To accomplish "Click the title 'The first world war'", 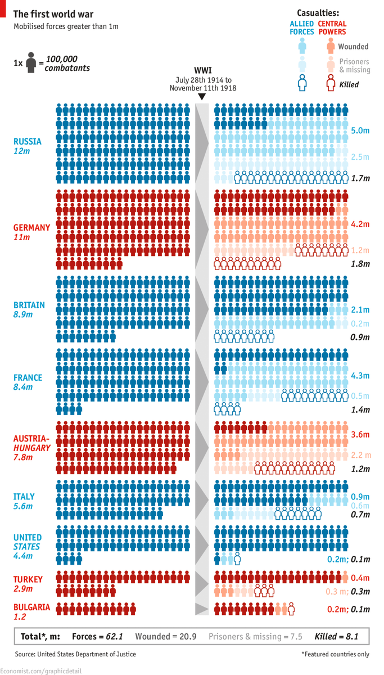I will (x=53, y=14).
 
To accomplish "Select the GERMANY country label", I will (x=32, y=228).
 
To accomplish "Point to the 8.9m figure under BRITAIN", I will (x=24, y=314).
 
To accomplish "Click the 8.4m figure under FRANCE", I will (x=24, y=387).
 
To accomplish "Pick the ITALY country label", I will (x=24, y=497).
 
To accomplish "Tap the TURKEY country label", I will (x=28, y=579).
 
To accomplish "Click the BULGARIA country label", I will (x=32, y=607).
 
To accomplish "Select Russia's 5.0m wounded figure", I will (x=360, y=130).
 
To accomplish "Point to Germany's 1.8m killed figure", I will (x=360, y=264).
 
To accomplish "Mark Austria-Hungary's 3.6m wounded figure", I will (x=360, y=434).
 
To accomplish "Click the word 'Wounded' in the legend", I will (x=353, y=47).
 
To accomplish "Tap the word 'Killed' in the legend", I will (x=349, y=84).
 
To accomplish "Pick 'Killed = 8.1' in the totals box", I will (x=336, y=637).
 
